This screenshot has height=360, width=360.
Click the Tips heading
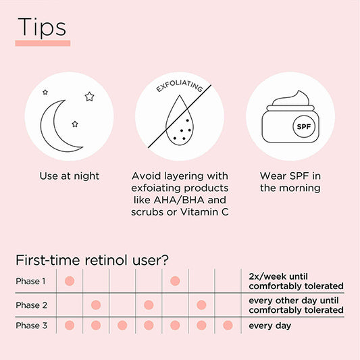42,27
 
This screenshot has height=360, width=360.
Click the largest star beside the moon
89,97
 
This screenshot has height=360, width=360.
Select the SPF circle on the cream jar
303,126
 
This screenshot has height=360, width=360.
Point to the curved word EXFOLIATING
180,86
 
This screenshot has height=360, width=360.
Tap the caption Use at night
70,176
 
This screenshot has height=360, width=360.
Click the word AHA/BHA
179,200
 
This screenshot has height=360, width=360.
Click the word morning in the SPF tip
300,188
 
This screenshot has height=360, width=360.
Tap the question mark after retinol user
165,260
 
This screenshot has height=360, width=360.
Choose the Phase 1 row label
30,281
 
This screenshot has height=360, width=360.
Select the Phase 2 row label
32,305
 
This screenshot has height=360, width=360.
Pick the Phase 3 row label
32,326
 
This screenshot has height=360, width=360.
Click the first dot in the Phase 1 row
70,281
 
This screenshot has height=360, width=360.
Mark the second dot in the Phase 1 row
175,281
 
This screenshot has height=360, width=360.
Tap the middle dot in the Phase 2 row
149,305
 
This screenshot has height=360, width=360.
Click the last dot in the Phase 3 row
228,326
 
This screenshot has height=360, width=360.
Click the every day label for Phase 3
270,326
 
